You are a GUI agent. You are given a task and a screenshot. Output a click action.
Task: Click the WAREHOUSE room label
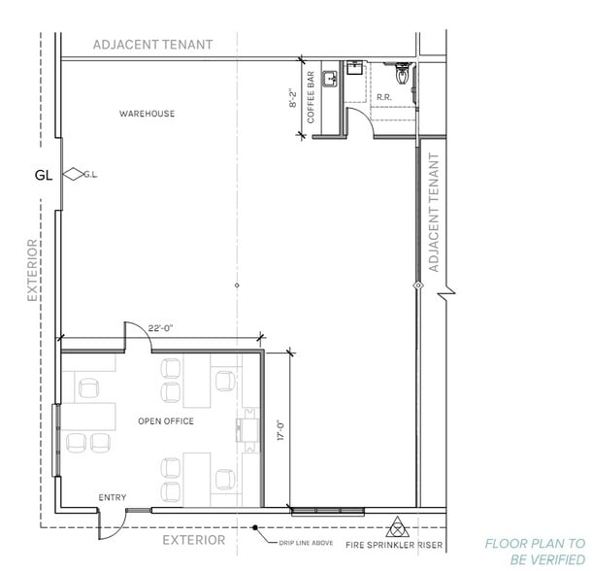tap(147, 114)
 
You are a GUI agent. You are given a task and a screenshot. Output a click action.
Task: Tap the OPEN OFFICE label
tap(166, 421)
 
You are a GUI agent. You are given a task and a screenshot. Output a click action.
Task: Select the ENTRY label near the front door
tap(113, 498)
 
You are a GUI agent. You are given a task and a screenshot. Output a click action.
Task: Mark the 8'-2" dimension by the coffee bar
tap(294, 97)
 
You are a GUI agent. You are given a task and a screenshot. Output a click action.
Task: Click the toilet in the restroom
tap(402, 73)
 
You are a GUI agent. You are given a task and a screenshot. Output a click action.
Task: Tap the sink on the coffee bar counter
tap(330, 79)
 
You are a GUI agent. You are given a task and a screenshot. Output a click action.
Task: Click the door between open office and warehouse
tap(136, 335)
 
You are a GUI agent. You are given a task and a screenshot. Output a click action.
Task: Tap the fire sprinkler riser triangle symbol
tap(397, 529)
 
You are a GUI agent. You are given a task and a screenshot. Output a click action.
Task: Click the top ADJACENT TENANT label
tap(152, 45)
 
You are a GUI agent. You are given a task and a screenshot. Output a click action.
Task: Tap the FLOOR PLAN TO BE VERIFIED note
tap(535, 552)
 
